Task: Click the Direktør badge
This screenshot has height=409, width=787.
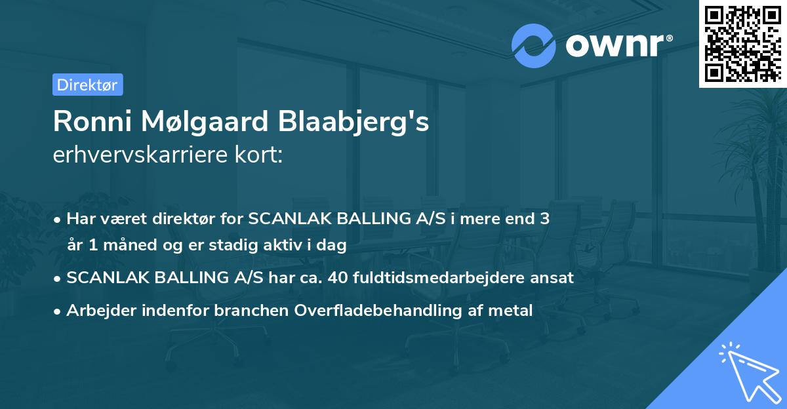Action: coord(87,85)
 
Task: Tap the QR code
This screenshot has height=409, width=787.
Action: coord(742,43)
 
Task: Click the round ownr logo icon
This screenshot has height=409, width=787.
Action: coord(534,45)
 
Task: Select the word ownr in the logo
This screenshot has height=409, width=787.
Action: coord(616,46)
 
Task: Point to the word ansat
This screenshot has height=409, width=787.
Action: coord(554,278)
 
